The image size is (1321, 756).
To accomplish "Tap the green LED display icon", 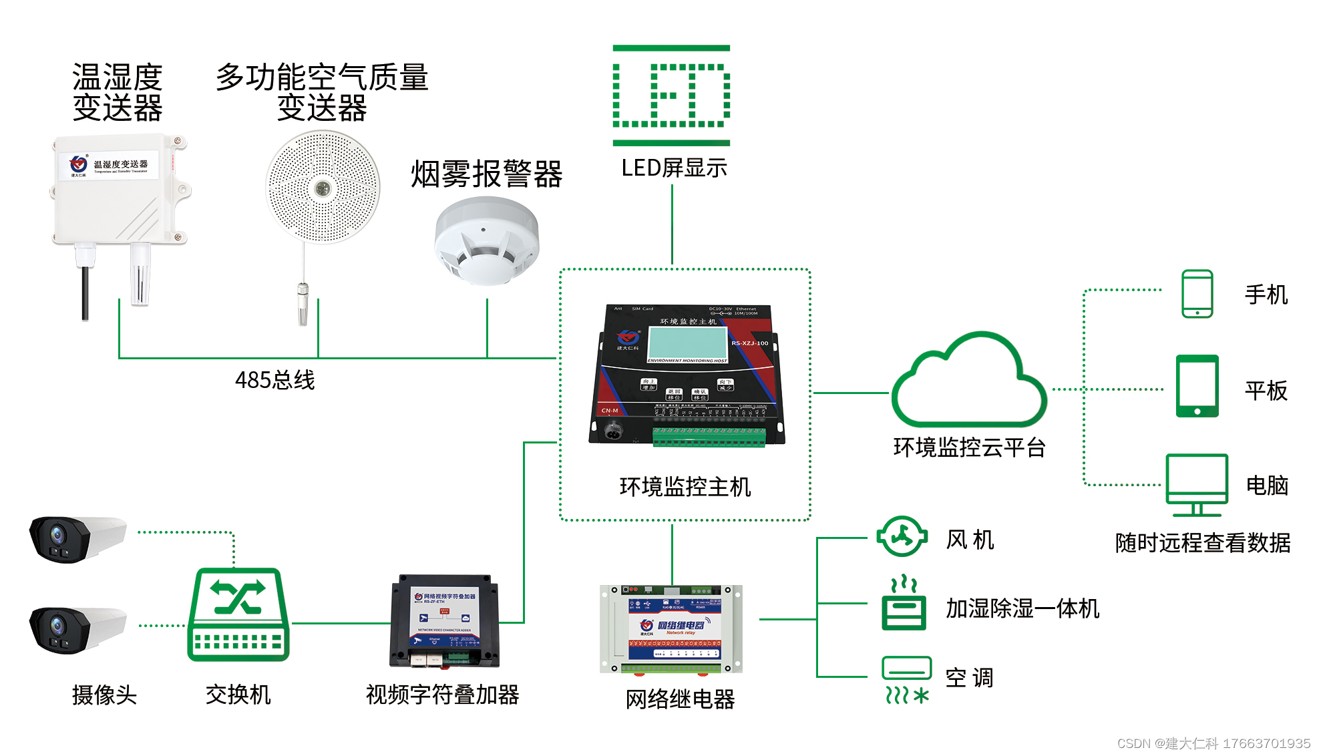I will point(671,95).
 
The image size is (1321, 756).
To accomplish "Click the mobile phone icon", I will point(1197,294).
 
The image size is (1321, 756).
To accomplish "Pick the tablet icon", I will point(1197,386).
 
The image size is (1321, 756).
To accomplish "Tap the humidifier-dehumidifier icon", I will point(904,604).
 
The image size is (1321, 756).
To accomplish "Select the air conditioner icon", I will point(906,679).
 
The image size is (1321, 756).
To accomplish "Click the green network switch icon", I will point(238,615).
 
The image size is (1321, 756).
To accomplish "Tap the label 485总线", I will point(274,380).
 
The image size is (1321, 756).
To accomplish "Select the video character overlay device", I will point(444,620).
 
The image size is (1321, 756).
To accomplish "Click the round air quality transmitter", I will point(323,187).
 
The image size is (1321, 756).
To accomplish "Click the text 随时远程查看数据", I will point(1202,543).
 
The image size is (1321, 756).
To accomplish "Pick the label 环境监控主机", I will point(685,487).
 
